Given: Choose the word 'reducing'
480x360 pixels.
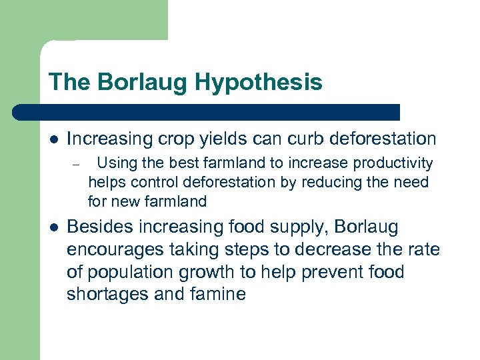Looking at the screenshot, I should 337,182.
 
